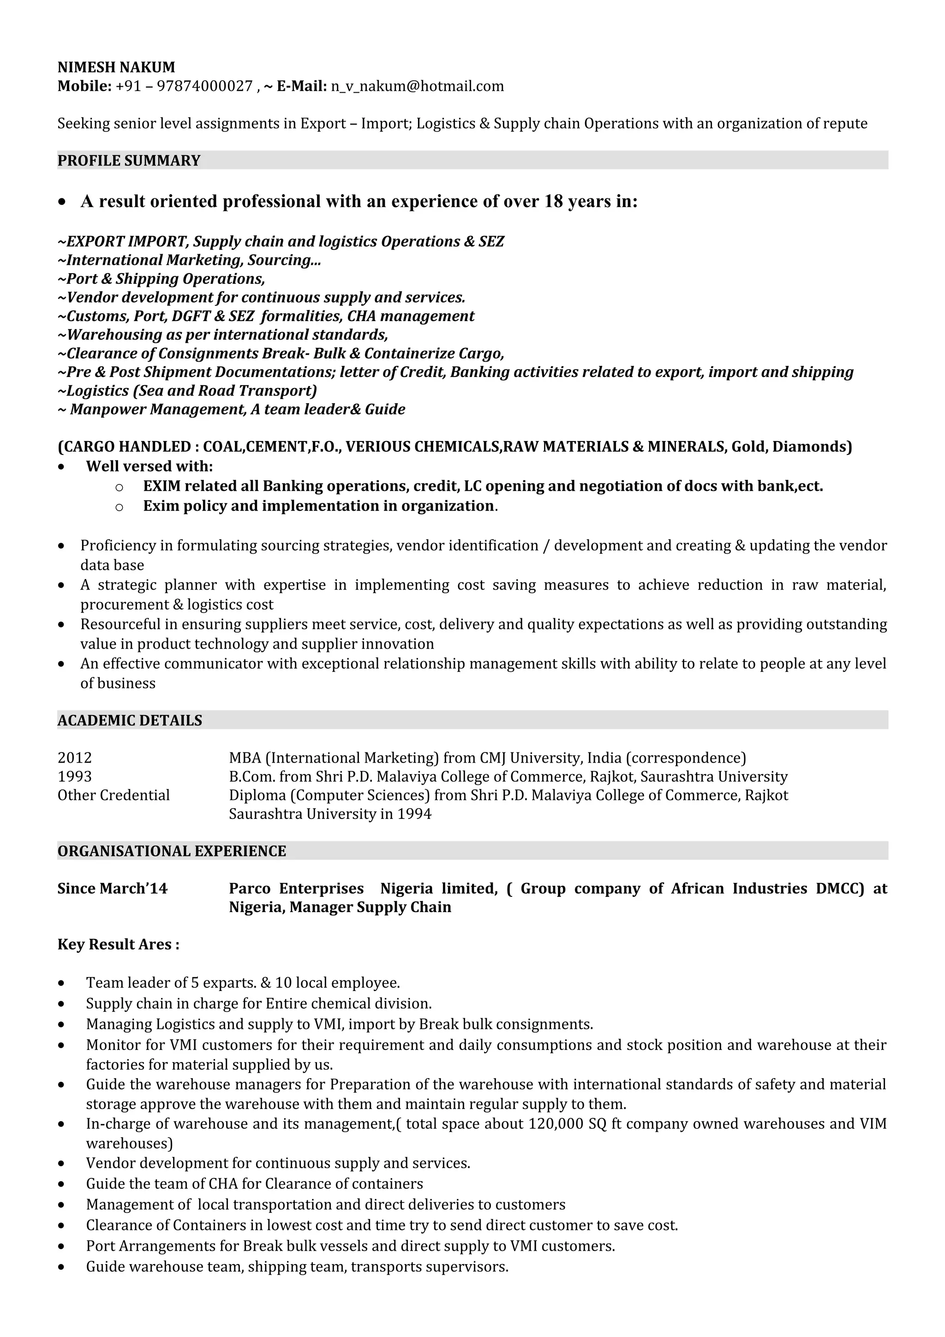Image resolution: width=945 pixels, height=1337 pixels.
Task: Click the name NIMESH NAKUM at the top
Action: (116, 67)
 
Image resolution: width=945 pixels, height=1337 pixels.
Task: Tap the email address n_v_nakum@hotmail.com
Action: (417, 87)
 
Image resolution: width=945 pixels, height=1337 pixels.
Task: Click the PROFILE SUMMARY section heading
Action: (129, 161)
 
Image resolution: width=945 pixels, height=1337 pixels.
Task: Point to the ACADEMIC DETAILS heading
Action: (129, 720)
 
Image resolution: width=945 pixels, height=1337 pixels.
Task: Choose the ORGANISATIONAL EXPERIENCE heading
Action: (172, 851)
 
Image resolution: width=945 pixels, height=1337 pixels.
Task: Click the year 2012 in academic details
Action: (75, 758)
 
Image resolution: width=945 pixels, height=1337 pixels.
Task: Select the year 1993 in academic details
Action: (75, 776)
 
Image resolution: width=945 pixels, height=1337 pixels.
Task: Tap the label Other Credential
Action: (114, 795)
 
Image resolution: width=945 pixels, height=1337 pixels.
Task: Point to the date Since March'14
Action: (112, 888)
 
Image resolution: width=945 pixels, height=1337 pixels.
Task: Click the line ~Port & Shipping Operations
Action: (161, 279)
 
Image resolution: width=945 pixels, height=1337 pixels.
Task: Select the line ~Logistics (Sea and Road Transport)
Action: (187, 391)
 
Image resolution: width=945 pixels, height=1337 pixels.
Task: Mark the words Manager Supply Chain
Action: (370, 907)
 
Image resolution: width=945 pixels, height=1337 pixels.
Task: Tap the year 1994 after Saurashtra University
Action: (414, 813)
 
